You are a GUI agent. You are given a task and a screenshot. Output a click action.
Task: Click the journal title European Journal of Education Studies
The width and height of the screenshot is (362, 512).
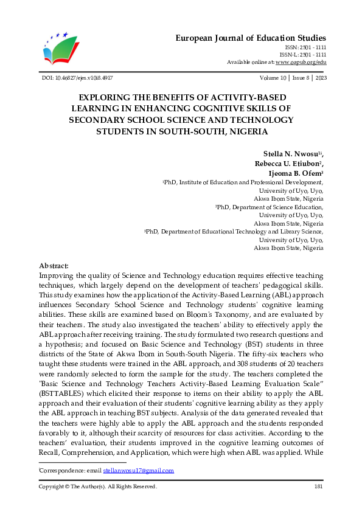[251, 38]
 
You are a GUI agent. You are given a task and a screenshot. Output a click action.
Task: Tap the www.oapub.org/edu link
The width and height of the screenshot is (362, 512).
[301, 62]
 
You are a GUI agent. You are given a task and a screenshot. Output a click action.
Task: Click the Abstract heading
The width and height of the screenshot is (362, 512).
[54, 266]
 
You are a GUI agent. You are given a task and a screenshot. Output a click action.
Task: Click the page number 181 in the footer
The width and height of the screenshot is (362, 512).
[318, 486]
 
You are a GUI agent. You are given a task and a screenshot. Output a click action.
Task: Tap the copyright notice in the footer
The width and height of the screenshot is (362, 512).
[97, 486]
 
